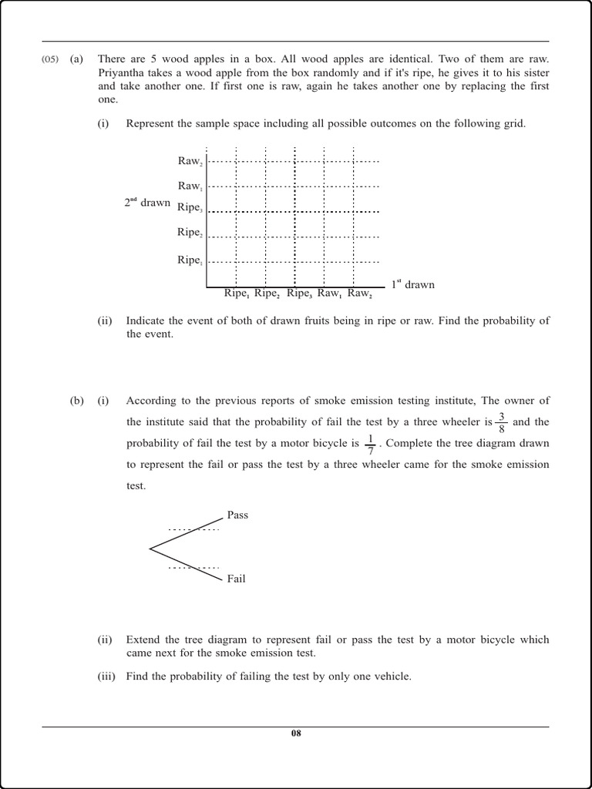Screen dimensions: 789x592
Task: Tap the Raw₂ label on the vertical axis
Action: point(190,161)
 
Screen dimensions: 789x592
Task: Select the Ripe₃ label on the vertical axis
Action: point(190,207)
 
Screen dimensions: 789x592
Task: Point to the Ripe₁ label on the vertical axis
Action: point(190,260)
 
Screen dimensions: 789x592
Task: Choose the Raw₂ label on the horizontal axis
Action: point(360,294)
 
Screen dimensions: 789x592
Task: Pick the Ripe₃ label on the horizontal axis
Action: point(300,294)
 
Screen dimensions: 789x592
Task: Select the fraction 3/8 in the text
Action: point(502,423)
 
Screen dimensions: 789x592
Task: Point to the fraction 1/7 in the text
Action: point(370,444)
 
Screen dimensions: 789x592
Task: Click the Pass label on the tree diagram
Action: point(237,515)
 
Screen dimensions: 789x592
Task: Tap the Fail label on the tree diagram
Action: point(236,579)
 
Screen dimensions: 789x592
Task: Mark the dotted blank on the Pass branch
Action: point(193,529)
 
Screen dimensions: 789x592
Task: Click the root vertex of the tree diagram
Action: point(150,549)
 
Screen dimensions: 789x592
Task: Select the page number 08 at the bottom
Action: point(296,733)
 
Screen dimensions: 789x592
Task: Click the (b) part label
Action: point(76,401)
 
